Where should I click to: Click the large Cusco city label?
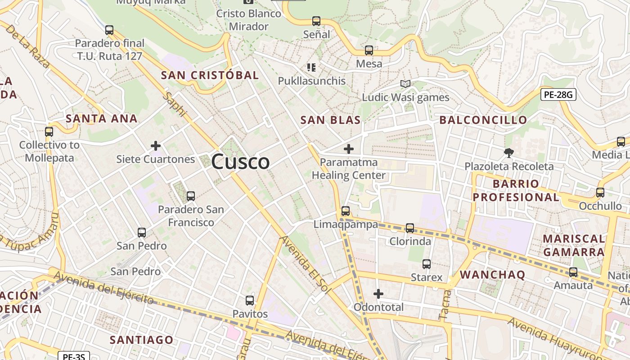point(240,162)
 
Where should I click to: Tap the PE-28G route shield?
point(558,94)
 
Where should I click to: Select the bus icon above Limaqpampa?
point(345,211)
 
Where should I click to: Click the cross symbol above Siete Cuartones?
point(156,146)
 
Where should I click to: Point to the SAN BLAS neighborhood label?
point(330,120)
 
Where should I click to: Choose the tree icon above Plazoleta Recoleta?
point(508,153)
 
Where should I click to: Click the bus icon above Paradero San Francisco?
point(190,196)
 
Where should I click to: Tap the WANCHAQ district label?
point(492,275)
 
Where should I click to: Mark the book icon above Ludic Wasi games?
point(405,84)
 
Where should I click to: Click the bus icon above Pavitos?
point(250,300)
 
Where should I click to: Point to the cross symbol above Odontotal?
point(378,294)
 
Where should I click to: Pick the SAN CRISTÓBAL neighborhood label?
point(210,75)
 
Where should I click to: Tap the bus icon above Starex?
point(427,264)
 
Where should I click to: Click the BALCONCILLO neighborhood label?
point(483,120)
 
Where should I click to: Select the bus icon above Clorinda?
point(410,228)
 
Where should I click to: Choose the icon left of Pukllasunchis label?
point(311,67)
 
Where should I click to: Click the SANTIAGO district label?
point(141,340)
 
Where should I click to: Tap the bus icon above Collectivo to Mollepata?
point(49,132)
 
